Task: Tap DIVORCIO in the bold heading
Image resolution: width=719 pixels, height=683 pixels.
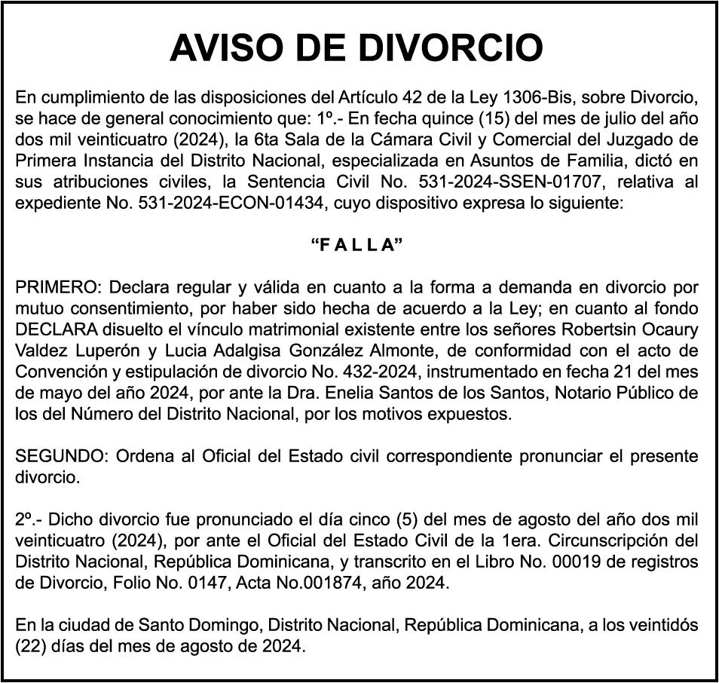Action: (x=449, y=47)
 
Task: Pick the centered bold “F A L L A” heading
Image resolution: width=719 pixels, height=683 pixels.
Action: (x=356, y=245)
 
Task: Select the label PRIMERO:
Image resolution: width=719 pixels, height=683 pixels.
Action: (x=58, y=288)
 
